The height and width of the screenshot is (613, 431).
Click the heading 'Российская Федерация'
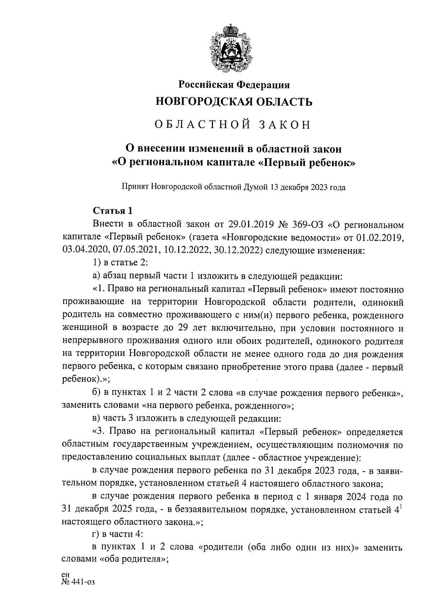tap(234, 85)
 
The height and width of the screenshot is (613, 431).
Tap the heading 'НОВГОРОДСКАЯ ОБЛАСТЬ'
tap(234, 102)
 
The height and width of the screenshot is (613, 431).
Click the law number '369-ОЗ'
tap(309, 225)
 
